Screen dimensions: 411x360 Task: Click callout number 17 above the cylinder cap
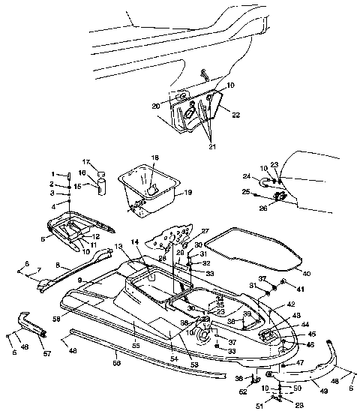tap(85, 161)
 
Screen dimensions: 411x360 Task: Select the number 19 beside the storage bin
tap(187, 193)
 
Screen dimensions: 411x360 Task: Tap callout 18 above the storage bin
tap(156, 159)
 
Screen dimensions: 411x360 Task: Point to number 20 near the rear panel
tap(157, 106)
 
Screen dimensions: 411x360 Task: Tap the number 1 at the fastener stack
tap(54, 174)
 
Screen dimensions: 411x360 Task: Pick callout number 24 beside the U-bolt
tap(245, 178)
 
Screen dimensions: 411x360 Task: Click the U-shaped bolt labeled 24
tap(265, 181)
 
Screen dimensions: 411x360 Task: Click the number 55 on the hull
tap(136, 345)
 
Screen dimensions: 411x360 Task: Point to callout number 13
tap(118, 247)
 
